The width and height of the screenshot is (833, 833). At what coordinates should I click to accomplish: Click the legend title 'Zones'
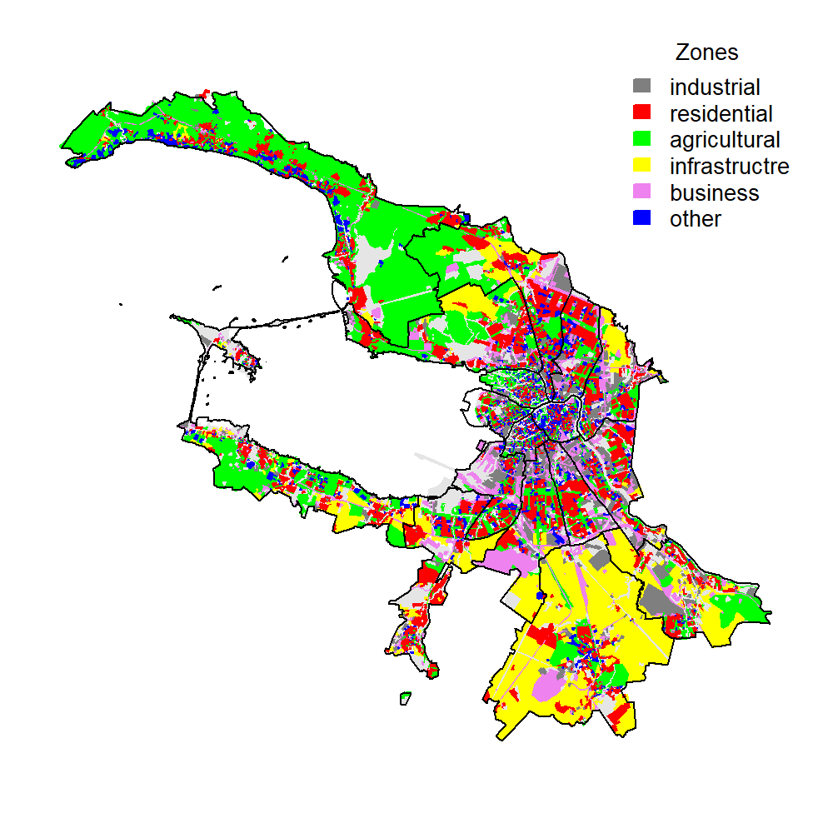tap(706, 52)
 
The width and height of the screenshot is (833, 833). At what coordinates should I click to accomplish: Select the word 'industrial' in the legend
tap(715, 87)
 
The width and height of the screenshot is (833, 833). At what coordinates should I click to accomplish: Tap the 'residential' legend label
tap(721, 113)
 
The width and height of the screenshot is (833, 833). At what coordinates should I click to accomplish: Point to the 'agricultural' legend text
tap(725, 139)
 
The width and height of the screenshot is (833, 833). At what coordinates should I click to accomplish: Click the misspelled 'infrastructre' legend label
tap(729, 166)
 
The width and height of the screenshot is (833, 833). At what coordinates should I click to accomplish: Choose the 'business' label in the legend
tap(714, 192)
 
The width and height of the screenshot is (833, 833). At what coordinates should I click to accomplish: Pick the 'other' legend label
tap(695, 219)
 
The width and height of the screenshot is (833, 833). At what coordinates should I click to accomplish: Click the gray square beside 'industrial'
tap(642, 86)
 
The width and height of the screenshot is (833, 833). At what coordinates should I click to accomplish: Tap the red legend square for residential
tap(642, 112)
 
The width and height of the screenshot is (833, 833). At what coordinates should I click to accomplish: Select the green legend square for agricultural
tap(642, 139)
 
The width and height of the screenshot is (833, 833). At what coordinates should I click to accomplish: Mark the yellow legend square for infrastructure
tap(642, 166)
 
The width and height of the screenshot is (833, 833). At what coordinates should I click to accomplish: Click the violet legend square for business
tap(642, 192)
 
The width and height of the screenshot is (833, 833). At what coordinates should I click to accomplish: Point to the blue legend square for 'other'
tap(642, 219)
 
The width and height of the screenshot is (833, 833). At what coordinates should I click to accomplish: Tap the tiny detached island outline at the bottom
tap(406, 697)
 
